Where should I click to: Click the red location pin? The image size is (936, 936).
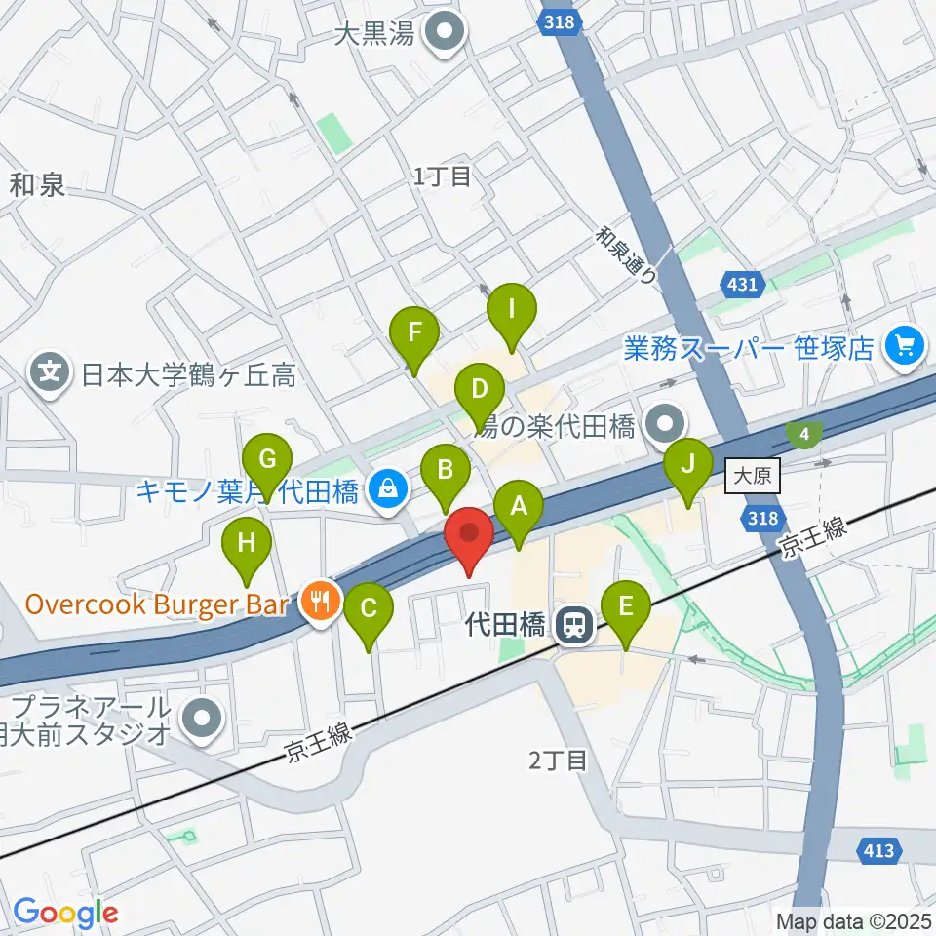pyautogui.click(x=469, y=539)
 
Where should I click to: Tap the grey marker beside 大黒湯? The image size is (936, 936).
pyautogui.click(x=448, y=35)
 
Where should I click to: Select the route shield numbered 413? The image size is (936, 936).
pyautogui.click(x=877, y=851)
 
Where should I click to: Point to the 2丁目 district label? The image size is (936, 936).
pyautogui.click(x=560, y=760)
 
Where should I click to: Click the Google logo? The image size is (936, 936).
pyautogui.click(x=65, y=913)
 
